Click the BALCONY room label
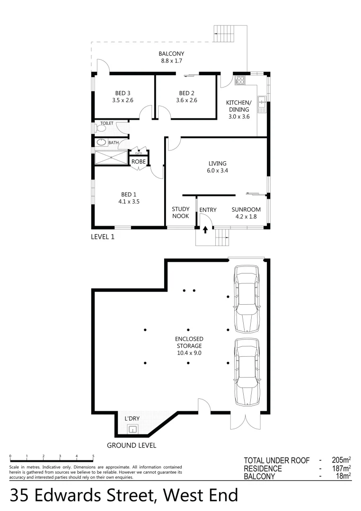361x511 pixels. (x=171, y=53)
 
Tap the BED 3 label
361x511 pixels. (x=123, y=93)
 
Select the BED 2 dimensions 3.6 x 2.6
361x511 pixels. (x=186, y=100)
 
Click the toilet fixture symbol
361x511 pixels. (x=101, y=128)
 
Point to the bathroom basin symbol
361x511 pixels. (x=101, y=142)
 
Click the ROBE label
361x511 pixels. (x=138, y=161)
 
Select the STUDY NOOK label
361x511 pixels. (x=180, y=212)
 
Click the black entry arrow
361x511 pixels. (x=205, y=230)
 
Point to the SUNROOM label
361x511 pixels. (x=246, y=210)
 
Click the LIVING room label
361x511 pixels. (x=217, y=164)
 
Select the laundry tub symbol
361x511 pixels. (x=133, y=430)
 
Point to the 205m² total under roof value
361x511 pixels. (x=340, y=460)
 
